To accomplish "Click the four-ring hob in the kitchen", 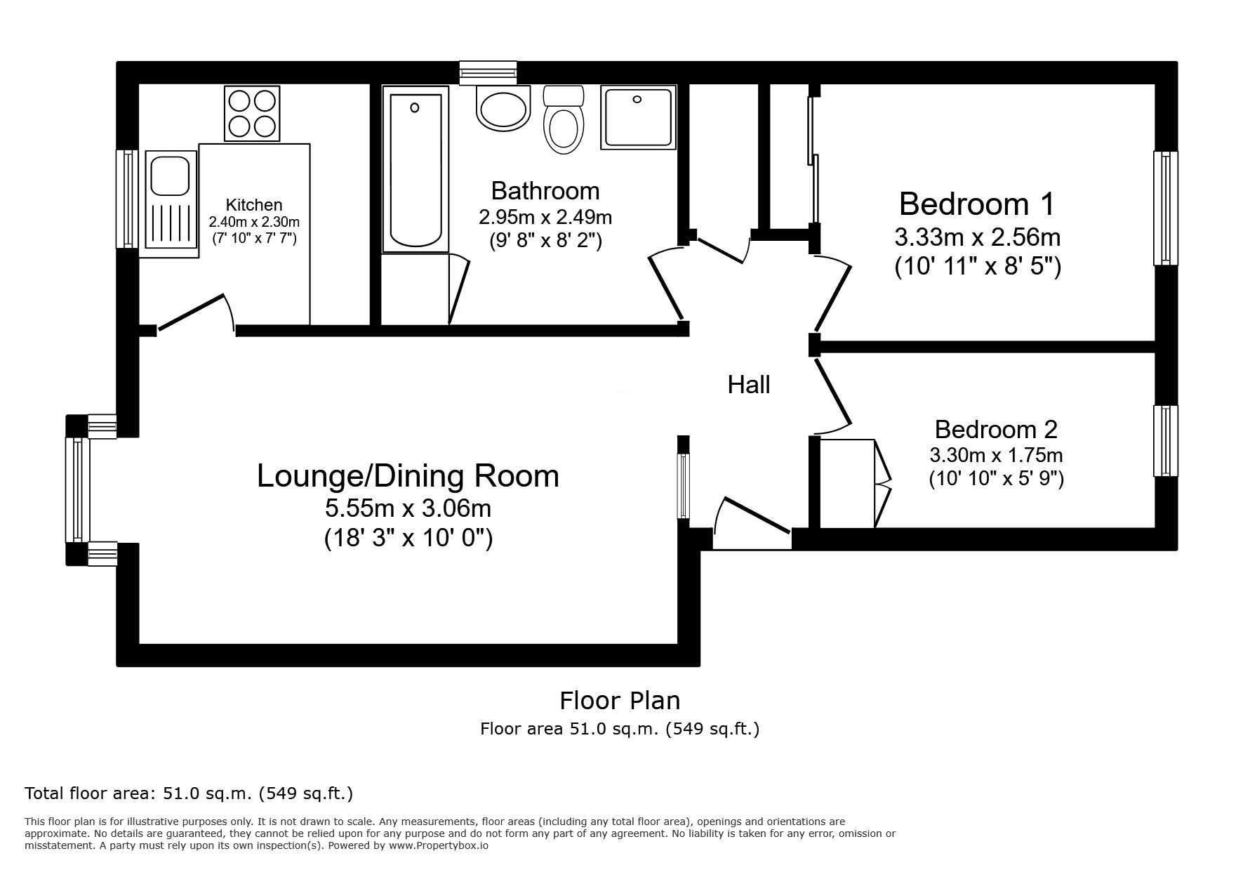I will tap(252, 113).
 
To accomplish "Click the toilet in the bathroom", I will tap(564, 121).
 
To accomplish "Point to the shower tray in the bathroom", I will tap(638, 117).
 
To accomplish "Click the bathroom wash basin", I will tap(503, 108).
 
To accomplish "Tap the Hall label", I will tap(749, 385).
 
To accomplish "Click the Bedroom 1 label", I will tap(976, 204).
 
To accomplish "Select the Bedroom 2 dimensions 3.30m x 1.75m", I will tap(996, 455).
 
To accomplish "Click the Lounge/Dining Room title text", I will tap(408, 476).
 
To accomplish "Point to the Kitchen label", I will tap(254, 205).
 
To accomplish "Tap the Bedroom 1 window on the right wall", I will tap(1165, 208).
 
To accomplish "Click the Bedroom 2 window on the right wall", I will tap(1165, 441).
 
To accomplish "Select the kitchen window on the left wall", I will tap(128, 199).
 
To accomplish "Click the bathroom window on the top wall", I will tap(488, 73).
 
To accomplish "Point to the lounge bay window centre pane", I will tap(77, 490).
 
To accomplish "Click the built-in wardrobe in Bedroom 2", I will tap(847, 483).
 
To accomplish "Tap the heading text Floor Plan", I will tap(620, 701).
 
